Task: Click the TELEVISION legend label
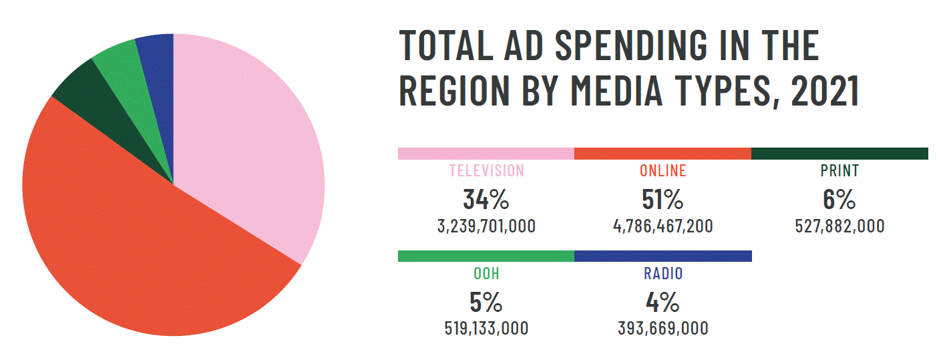pos(486,171)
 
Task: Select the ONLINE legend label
pos(663,171)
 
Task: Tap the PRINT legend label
pos(839,171)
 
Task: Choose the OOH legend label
pos(486,274)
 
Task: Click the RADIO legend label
pos(663,274)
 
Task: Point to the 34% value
pos(486,200)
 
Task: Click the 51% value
pos(663,200)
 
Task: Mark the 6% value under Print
pos(839,200)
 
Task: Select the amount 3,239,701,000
pos(486,226)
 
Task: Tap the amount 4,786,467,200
pos(663,226)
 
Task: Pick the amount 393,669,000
pos(663,329)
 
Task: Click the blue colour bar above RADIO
pos(663,256)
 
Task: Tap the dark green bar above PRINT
pos(839,154)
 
